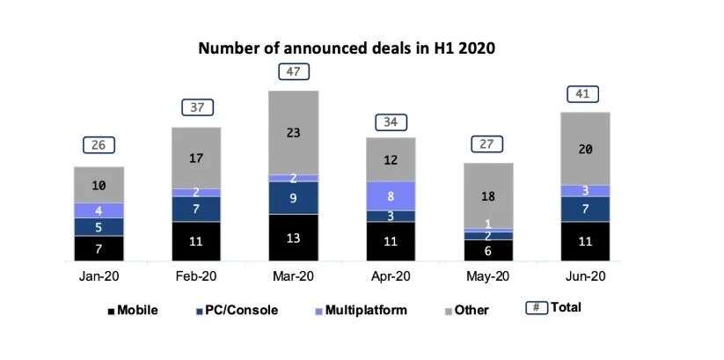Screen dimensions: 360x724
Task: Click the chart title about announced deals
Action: pyautogui.click(x=347, y=48)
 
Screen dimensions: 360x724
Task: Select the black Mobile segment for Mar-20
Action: pyautogui.click(x=294, y=237)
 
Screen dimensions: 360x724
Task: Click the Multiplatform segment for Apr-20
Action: pyautogui.click(x=390, y=195)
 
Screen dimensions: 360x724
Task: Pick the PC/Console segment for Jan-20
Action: pyautogui.click(x=99, y=226)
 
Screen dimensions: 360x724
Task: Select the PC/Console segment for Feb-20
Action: pyautogui.click(x=196, y=209)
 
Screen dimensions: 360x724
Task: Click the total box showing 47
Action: pyautogui.click(x=294, y=71)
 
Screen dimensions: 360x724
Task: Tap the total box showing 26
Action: pyautogui.click(x=99, y=144)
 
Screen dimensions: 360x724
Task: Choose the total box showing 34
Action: pyautogui.click(x=390, y=121)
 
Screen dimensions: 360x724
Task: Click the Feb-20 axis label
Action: pyautogui.click(x=196, y=276)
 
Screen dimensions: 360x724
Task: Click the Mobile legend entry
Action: pyautogui.click(x=132, y=310)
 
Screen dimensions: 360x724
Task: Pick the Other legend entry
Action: pyautogui.click(x=466, y=310)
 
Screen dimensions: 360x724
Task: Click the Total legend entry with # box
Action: pyautogui.click(x=554, y=308)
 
